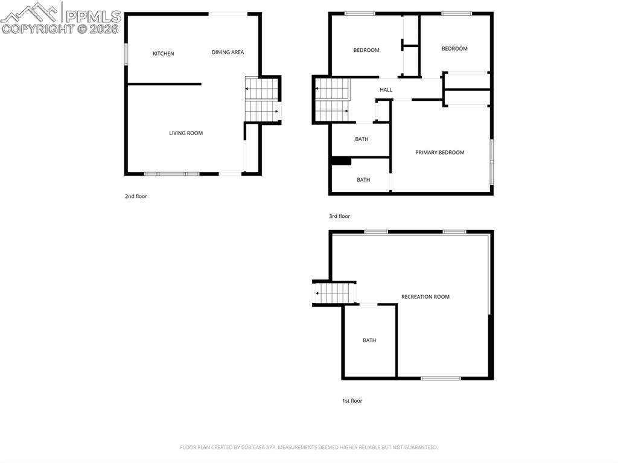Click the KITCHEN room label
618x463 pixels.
[163, 54]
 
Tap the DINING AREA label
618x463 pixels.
[228, 53]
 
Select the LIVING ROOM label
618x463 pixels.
[186, 133]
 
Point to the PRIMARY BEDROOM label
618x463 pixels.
[439, 153]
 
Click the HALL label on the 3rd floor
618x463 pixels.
[386, 90]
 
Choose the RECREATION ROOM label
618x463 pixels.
[425, 297]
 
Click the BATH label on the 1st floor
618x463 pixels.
[369, 340]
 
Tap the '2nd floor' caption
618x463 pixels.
[136, 196]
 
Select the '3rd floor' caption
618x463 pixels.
[339, 216]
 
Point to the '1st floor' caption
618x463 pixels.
[352, 401]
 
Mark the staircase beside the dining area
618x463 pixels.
[261, 100]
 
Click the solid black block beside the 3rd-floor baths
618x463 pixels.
[341, 161]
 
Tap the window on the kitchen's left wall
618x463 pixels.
[126, 53]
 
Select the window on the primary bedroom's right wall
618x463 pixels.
[492, 161]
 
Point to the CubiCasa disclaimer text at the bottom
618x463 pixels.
[308, 447]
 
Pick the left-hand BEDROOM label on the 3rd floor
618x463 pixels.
[366, 50]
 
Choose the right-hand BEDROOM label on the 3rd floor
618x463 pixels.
[454, 49]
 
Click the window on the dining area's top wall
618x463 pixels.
[228, 13]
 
